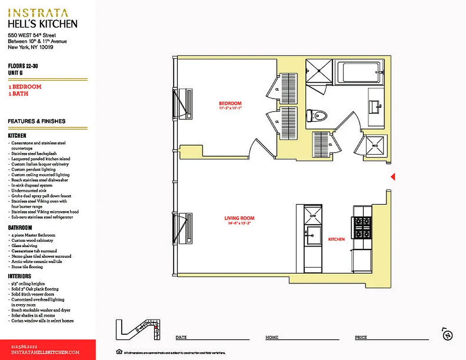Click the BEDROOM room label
pos(230,103)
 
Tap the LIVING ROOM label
pos(240,218)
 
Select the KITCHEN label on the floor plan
pos(336,239)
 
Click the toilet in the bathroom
pos(317,116)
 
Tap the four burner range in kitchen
pos(362,228)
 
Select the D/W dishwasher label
pos(313,216)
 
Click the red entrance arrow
pos(393,177)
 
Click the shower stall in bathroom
pos(319,71)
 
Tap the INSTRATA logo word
pos(38,13)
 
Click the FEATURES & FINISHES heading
pos(36,121)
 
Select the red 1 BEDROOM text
pos(25,87)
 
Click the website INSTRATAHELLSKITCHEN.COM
pos(45,352)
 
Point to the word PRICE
pos(361,337)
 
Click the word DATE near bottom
pos(181,337)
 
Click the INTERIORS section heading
pos(20,276)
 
